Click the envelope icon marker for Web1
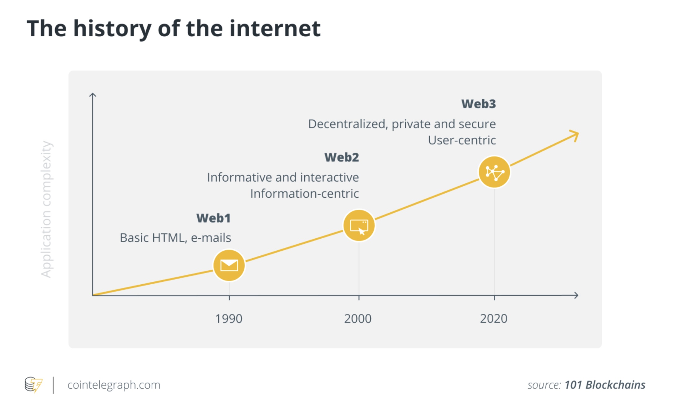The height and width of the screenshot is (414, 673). [x=229, y=265]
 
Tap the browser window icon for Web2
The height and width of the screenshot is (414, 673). [x=359, y=226]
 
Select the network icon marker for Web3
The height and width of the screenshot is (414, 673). [x=494, y=172]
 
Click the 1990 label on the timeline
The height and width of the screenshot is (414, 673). [x=229, y=319]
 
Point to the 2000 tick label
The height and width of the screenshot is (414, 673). [x=358, y=319]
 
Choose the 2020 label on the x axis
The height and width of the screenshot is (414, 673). [x=494, y=319]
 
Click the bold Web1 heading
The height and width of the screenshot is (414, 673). [x=214, y=218]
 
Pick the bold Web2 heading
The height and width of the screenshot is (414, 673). [x=342, y=157]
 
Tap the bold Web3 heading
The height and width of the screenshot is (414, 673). [x=479, y=104]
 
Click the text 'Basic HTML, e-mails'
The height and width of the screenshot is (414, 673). [x=176, y=238]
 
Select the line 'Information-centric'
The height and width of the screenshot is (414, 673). [x=305, y=194]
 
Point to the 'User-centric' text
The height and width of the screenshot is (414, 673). [x=462, y=140]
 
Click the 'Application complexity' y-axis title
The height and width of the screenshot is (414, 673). [x=47, y=209]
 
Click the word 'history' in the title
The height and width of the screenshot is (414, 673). [x=112, y=29]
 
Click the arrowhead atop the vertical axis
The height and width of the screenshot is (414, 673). [x=92, y=95]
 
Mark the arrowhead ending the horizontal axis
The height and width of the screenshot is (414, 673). [x=576, y=295]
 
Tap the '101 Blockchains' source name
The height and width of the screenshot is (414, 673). [x=605, y=385]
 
